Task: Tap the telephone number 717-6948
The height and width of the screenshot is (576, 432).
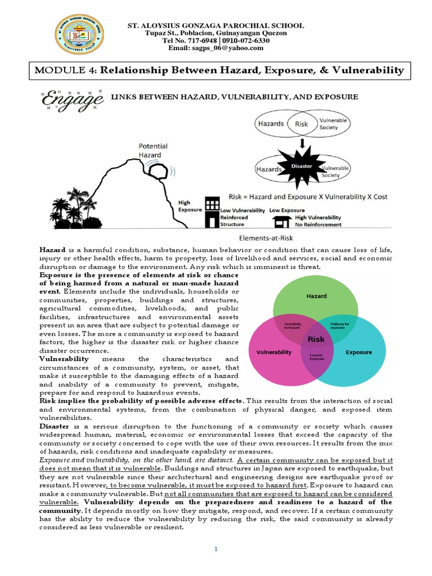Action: pos(202,40)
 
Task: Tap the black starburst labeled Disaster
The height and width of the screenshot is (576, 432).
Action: pos(301,165)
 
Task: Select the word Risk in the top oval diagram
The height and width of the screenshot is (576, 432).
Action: pos(301,123)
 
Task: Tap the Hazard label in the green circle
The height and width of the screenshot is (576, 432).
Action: pos(316,296)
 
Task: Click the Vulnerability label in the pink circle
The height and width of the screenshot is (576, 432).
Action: pos(274,353)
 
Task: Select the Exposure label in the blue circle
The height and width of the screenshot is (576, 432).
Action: pos(359,353)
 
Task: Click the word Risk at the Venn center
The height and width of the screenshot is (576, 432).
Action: pos(316,339)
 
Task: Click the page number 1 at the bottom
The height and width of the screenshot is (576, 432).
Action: pos(215,548)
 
